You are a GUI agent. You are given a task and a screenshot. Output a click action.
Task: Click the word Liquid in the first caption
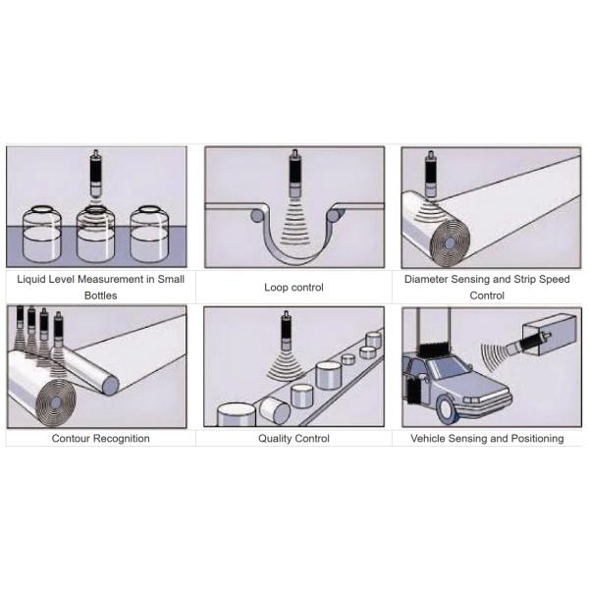[31, 280]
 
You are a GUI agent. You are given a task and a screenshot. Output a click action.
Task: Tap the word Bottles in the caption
[101, 295]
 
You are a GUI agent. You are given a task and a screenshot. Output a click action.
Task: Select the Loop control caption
[294, 288]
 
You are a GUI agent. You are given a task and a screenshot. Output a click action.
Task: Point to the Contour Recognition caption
[101, 439]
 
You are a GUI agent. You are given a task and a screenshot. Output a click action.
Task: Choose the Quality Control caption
[294, 439]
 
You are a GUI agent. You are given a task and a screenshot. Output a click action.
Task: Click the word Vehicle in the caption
[428, 439]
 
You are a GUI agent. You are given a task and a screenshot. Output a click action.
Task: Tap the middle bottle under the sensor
[95, 235]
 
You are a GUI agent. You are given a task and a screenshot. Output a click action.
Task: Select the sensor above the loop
[294, 173]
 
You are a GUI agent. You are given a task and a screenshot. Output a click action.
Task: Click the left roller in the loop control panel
[257, 216]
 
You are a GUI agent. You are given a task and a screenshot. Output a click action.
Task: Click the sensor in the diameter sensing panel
[431, 174]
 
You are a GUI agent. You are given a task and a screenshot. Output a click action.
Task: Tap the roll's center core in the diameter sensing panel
[450, 243]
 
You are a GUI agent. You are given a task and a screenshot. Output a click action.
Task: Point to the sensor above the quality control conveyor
[287, 331]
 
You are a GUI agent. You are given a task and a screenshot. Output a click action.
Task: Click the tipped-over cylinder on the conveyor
[275, 411]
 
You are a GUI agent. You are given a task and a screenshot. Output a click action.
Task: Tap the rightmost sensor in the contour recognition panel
[58, 330]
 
